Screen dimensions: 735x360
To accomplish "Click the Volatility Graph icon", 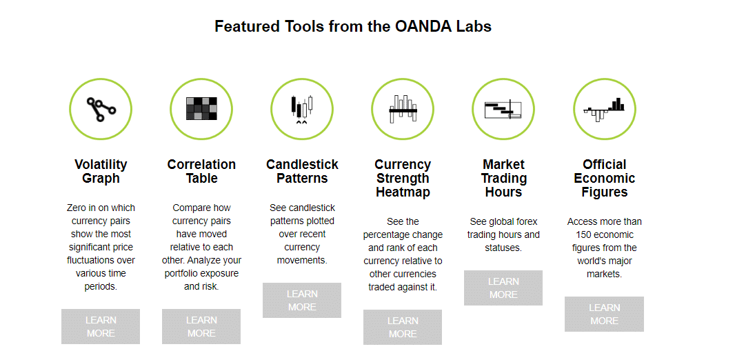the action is pyautogui.click(x=101, y=109).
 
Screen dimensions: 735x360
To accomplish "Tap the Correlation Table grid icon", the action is pyautogui.click(x=201, y=109).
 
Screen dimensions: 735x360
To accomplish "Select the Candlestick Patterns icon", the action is pyautogui.click(x=302, y=109).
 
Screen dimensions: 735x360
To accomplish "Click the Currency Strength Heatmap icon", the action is pyautogui.click(x=403, y=109).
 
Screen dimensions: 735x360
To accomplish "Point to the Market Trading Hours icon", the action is pyautogui.click(x=503, y=109).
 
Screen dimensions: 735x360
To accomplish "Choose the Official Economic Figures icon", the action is pyautogui.click(x=604, y=109).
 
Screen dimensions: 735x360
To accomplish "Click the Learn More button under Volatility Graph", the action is pyautogui.click(x=101, y=327).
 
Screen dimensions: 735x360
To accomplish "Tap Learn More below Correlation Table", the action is pyautogui.click(x=201, y=327).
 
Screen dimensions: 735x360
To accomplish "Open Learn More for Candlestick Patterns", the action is pyautogui.click(x=302, y=301).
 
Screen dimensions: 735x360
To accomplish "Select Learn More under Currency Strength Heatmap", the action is pyautogui.click(x=403, y=327).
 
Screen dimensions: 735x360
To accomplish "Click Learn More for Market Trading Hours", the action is pyautogui.click(x=503, y=288).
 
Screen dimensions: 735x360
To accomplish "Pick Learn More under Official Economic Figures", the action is pyautogui.click(x=604, y=314).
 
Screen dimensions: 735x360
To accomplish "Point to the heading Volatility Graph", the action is pyautogui.click(x=101, y=172).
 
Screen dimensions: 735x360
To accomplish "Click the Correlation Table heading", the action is pyautogui.click(x=201, y=172).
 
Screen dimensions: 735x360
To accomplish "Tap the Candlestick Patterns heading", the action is pyautogui.click(x=302, y=172).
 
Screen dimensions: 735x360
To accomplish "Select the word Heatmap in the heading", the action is pyautogui.click(x=403, y=192).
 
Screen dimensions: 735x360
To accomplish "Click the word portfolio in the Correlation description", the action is pyautogui.click(x=183, y=274).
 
